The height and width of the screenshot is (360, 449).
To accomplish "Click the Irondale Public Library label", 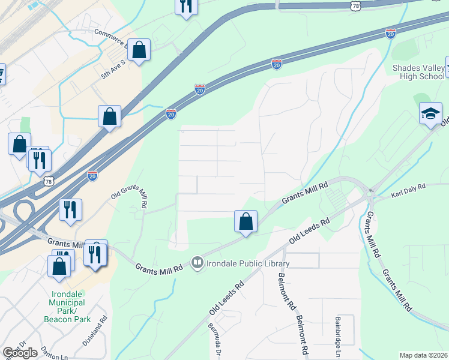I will click(x=248, y=263).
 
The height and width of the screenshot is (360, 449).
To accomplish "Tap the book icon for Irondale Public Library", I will click(x=197, y=263).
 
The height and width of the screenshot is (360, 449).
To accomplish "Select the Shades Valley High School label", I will click(x=418, y=73).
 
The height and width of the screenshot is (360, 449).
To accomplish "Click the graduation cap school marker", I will click(x=430, y=114).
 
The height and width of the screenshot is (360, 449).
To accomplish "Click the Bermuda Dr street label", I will click(x=215, y=340).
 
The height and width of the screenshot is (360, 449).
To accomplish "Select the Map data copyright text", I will click(x=424, y=355).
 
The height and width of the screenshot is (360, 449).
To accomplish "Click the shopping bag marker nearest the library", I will click(x=246, y=221).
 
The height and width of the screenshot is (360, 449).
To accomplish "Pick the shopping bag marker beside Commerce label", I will click(x=139, y=52).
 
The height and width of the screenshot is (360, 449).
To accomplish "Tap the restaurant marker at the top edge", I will click(x=186, y=7).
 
